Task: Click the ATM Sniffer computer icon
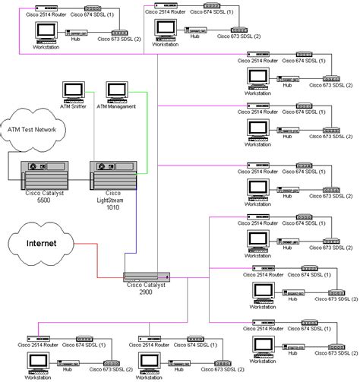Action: tap(74, 92)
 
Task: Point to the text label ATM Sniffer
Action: tap(74, 106)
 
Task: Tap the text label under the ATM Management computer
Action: tap(117, 106)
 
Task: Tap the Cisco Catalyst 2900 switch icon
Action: tap(145, 278)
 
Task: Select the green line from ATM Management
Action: tap(135, 129)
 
